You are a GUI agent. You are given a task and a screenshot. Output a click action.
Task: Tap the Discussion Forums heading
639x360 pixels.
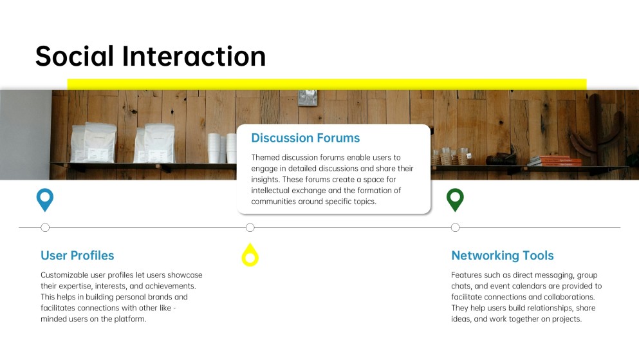point(305,138)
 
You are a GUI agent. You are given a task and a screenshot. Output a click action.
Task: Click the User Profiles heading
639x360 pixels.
point(77,256)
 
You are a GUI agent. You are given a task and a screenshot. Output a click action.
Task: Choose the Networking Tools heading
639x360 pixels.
point(502,256)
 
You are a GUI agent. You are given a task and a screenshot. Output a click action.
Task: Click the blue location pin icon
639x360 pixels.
point(44,200)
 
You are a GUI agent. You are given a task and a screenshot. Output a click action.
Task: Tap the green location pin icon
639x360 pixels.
point(455,200)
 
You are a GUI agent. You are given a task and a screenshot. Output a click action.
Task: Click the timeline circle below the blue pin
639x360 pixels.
point(45,227)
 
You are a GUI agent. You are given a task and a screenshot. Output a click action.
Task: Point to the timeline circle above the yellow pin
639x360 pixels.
point(250,227)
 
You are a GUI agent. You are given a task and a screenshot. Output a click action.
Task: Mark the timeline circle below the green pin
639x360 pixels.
point(455,227)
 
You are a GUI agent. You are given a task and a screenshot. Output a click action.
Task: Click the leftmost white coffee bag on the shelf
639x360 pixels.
point(84,142)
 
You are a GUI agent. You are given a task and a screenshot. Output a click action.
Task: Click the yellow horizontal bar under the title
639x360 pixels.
point(327,84)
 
